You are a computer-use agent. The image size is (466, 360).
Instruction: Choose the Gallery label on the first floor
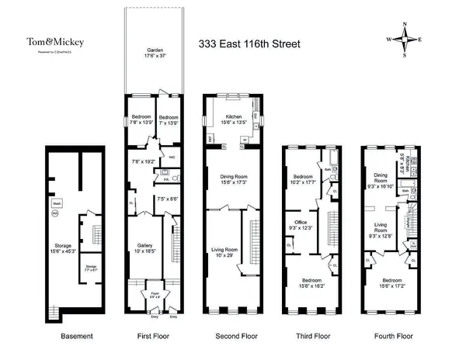tap(146, 246)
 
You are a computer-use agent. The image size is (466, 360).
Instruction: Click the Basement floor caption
tap(77, 337)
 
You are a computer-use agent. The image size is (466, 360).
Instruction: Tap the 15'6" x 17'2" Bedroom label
tap(391, 282)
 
